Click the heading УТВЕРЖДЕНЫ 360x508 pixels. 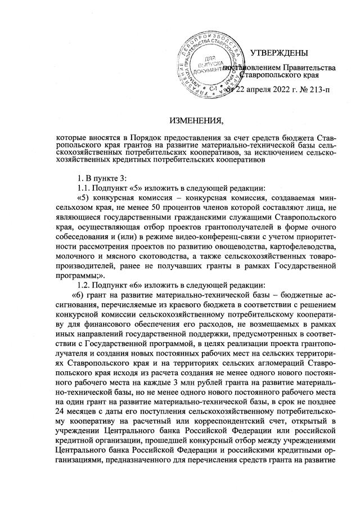point(278,53)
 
